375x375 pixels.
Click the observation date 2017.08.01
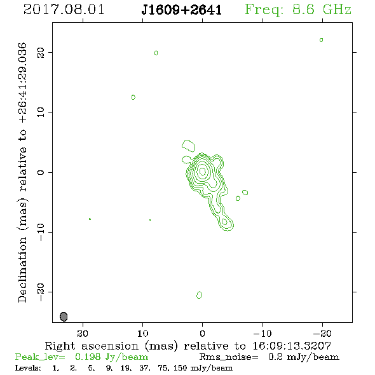[x=64, y=10]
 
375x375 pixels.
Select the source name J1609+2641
[x=182, y=10]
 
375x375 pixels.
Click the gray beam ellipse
[x=64, y=317]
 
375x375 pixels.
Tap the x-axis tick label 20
[x=83, y=333]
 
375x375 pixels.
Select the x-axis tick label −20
[x=322, y=333]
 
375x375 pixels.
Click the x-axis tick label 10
[x=143, y=333]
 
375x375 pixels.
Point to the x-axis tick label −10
[x=262, y=333]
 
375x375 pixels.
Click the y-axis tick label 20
[x=41, y=53]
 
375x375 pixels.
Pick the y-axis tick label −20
[x=41, y=292]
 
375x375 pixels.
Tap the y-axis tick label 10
[x=41, y=112]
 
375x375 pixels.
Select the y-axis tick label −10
[x=41, y=232]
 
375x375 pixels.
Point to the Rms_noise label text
[x=229, y=357]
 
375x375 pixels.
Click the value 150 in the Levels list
[x=181, y=367]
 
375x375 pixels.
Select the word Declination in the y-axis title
[x=22, y=269]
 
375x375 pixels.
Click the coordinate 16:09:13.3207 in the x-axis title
[x=292, y=346]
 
